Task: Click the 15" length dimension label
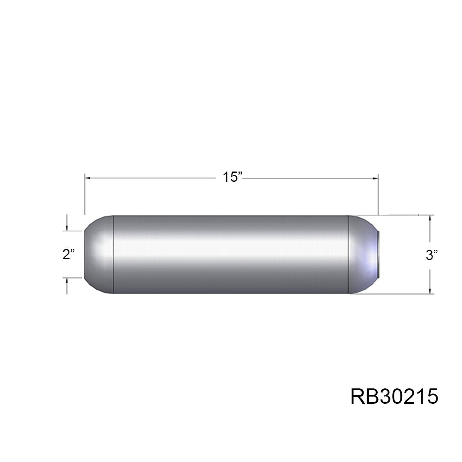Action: point(232,177)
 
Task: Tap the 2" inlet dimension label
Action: point(68,254)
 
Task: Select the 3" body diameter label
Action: point(432,255)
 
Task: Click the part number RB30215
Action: point(394,397)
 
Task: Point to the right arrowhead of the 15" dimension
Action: point(376,178)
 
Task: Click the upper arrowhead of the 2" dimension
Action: point(67,228)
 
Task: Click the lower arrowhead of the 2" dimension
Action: point(67,281)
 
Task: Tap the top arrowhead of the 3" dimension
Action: point(430,218)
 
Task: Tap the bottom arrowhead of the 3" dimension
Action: point(430,290)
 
